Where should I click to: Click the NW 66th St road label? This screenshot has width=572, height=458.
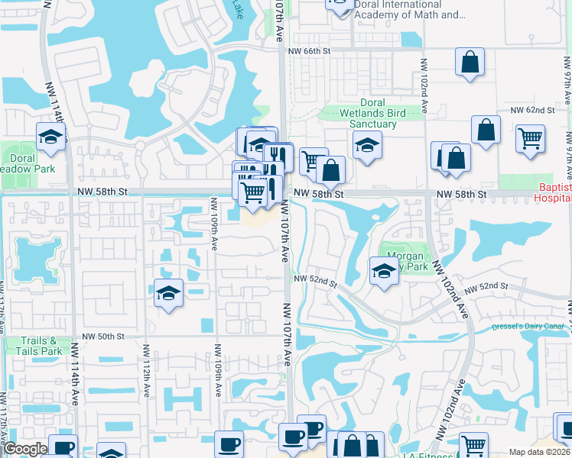click(x=308, y=50)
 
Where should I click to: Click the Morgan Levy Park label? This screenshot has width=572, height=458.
click(x=405, y=262)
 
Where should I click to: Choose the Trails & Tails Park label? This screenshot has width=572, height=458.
click(x=41, y=346)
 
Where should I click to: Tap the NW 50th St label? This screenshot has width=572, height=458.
click(x=103, y=336)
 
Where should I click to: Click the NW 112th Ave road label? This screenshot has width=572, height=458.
click(x=145, y=366)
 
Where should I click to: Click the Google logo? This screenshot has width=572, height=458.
click(x=25, y=450)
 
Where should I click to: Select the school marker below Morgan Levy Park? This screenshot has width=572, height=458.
click(x=384, y=270)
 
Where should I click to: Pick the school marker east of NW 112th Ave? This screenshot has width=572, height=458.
click(x=168, y=293)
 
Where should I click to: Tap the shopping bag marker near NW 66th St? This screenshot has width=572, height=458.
click(x=470, y=62)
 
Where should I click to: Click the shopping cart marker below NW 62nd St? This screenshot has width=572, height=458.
click(x=530, y=139)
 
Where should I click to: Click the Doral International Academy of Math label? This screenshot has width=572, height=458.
click(x=410, y=9)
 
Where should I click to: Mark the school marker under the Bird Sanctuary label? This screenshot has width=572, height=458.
click(x=367, y=145)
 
